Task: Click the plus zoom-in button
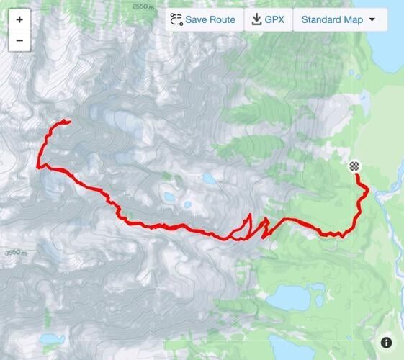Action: pyautogui.click(x=19, y=20)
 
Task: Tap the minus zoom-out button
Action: pyautogui.click(x=19, y=40)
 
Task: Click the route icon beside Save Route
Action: pyautogui.click(x=176, y=19)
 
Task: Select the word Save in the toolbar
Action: pyautogui.click(x=197, y=19)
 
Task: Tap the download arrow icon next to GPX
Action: pyautogui.click(x=256, y=19)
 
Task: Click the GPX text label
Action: pyautogui.click(x=274, y=19)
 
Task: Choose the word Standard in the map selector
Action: pyautogui.click(x=322, y=19)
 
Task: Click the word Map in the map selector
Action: pyautogui.click(x=354, y=19)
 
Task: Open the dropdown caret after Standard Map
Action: pyautogui.click(x=372, y=19)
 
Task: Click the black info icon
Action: pyautogui.click(x=387, y=343)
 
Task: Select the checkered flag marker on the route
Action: pyautogui.click(x=354, y=167)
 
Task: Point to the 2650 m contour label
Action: pyautogui.click(x=144, y=6)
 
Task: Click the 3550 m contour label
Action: pyautogui.click(x=15, y=253)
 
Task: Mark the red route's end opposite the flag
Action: pyautogui.click(x=69, y=121)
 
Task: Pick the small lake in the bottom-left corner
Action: pyautogui.click(x=51, y=338)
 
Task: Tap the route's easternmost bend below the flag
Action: pyautogui.click(x=367, y=189)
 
